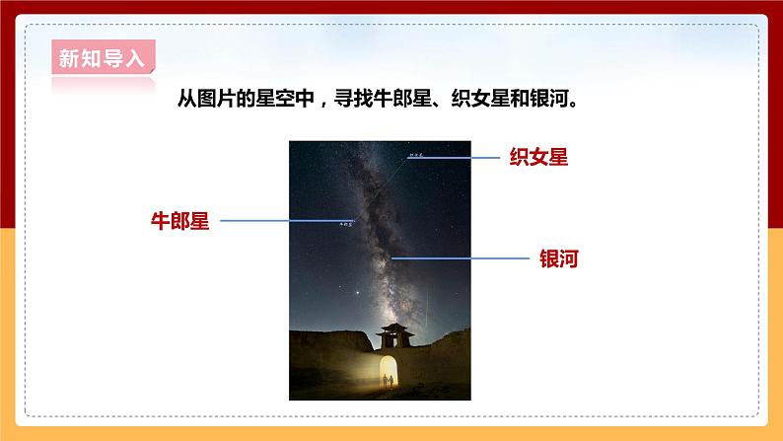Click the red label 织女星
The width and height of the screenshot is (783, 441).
tap(538, 157)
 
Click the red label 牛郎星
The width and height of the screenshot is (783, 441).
tap(179, 220)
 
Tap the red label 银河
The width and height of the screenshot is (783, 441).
tap(557, 258)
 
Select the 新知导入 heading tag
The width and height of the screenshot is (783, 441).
tap(102, 58)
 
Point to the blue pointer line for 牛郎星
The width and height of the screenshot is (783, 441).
tap(286, 221)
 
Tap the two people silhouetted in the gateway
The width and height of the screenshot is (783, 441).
tap(389, 379)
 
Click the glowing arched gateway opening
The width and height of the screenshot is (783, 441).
tap(389, 369)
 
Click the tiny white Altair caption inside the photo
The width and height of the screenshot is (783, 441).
tap(345, 225)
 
